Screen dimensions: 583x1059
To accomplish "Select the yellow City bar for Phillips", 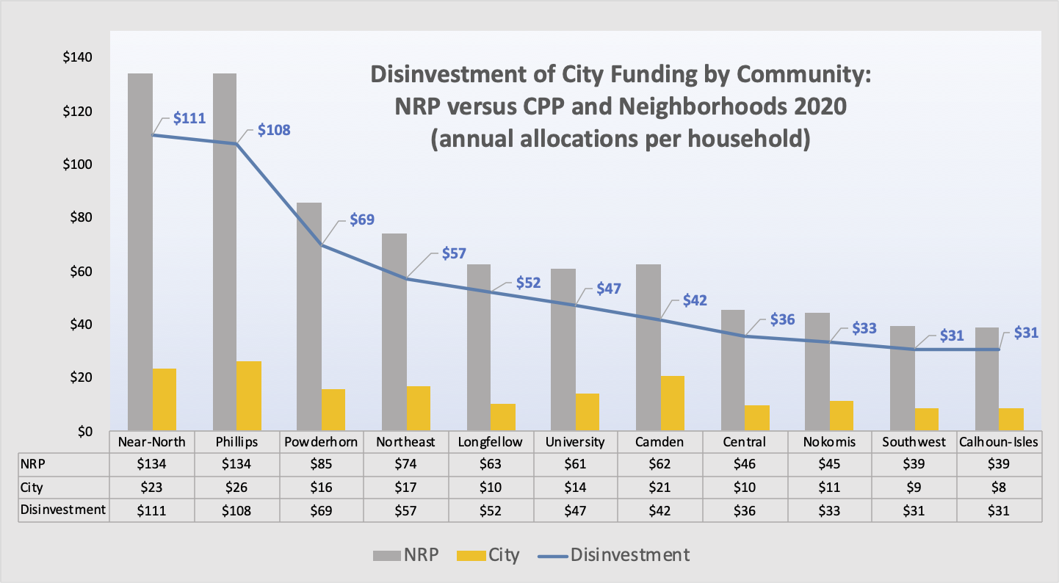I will (x=249, y=396).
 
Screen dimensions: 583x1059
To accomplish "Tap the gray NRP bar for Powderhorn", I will (x=309, y=316).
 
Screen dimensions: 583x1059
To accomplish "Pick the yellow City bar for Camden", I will (x=672, y=403).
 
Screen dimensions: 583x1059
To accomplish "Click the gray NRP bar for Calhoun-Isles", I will (x=987, y=379).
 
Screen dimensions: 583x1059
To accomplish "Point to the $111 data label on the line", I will (x=189, y=117).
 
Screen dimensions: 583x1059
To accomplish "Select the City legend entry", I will (x=488, y=555).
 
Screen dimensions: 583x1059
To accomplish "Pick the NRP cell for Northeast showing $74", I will (x=406, y=464).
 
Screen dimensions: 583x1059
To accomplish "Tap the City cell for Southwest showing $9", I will (x=914, y=488).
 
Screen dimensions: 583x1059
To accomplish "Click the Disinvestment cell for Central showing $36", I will (x=745, y=511).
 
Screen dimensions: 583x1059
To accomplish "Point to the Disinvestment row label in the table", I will (x=63, y=510).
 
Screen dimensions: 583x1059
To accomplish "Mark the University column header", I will (x=575, y=442).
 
